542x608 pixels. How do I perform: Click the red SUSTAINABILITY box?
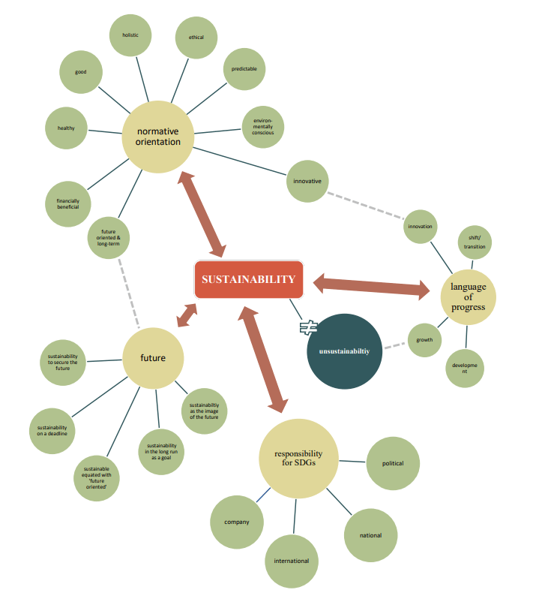pos(248,279)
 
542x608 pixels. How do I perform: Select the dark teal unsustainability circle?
pos(345,351)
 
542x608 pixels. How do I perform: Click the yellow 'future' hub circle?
pos(153,358)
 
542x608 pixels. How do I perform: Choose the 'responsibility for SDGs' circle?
pos(298,458)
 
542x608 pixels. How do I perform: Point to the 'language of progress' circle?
pos(468,296)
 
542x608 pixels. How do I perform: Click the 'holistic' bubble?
pos(130,35)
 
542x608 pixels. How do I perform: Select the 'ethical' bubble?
pos(196,38)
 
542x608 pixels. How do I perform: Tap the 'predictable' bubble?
pos(244,69)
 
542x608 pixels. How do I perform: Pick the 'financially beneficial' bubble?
pos(67,203)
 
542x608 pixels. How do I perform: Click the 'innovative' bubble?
pos(307,181)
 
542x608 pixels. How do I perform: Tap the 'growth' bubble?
pos(424,341)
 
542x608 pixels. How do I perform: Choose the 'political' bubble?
pos(393,463)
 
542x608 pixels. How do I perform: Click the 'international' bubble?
pos(291,561)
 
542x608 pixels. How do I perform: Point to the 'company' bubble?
pos(236,522)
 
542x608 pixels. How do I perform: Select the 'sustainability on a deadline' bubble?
pos(52,431)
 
